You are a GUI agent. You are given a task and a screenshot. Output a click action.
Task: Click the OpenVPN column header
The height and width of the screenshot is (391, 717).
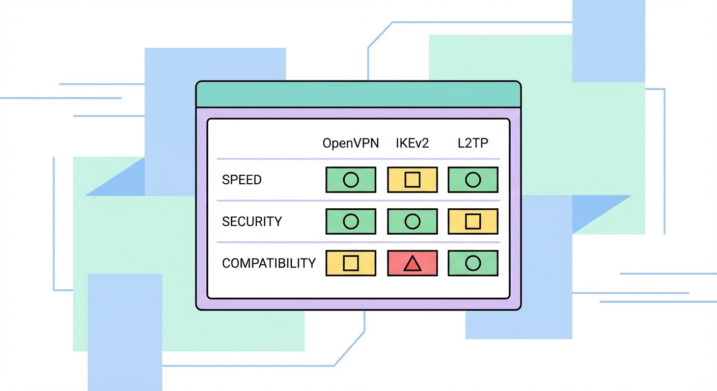coord(351,143)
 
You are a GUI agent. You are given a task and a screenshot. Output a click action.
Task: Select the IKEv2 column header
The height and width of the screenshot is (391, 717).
coord(412,143)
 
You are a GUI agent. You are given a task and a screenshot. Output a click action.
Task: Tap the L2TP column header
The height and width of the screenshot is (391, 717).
coord(473,143)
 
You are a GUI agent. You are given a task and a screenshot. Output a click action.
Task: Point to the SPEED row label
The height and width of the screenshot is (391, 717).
coord(242,180)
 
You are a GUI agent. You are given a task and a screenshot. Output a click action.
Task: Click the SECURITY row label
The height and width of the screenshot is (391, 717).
coord(252,221)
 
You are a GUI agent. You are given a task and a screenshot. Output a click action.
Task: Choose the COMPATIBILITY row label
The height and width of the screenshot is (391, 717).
coord(269,263)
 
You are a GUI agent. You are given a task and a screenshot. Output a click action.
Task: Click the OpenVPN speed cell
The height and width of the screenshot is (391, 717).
coord(351,180)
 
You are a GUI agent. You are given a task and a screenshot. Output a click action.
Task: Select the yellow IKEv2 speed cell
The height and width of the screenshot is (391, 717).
coord(412,180)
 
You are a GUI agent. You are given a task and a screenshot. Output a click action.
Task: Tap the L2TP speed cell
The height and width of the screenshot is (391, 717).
coord(473,180)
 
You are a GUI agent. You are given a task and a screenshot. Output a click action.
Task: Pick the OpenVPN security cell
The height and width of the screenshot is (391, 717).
coord(351,221)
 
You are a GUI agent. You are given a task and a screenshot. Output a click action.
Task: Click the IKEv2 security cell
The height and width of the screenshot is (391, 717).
coord(412,221)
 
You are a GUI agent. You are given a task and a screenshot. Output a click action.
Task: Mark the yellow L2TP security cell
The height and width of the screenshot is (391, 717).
coord(473,221)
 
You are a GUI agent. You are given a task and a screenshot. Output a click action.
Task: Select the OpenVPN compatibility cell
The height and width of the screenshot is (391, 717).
coord(351,263)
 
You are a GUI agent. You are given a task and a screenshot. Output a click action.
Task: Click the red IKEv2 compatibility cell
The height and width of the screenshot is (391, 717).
coord(412,263)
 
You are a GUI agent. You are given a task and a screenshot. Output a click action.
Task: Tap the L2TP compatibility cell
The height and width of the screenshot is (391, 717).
coord(473,263)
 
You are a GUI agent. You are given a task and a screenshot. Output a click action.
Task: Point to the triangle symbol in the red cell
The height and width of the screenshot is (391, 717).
coord(412,264)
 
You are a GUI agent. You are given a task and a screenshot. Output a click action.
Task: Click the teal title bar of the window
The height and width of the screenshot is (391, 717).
coord(358,95)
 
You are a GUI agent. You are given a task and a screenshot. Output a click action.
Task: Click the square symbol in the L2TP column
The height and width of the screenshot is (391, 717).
coord(473,221)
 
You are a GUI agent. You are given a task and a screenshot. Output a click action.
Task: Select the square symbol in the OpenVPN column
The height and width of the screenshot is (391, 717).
coord(351,263)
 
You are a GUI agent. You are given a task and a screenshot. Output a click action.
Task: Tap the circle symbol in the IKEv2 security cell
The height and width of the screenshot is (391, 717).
coord(412,221)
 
